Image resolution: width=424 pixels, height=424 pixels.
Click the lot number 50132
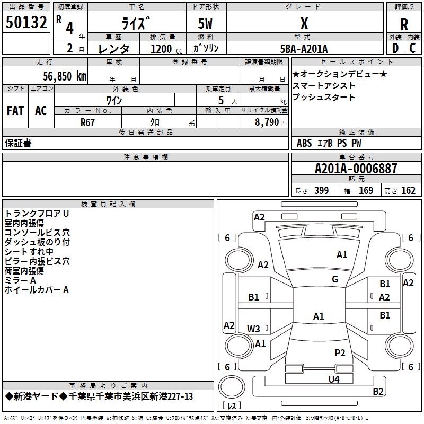[x=26, y=22]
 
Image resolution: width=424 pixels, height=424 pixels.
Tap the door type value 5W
[x=205, y=23]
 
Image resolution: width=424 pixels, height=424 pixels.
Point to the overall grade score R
[x=404, y=24]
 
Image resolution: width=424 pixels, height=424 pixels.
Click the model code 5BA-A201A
[x=304, y=49]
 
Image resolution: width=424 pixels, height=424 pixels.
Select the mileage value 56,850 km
[x=65, y=76]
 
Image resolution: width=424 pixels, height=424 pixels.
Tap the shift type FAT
[x=15, y=111]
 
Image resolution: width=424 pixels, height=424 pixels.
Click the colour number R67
[x=87, y=122]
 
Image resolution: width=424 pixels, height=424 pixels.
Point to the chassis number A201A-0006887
[x=356, y=169]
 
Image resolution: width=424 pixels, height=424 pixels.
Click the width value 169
[x=366, y=190]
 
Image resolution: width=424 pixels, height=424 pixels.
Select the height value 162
[x=408, y=190]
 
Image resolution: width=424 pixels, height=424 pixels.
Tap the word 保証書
[x=18, y=143]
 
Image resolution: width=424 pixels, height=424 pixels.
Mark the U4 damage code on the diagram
[x=334, y=379]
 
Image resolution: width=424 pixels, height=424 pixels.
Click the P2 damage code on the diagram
[x=340, y=352]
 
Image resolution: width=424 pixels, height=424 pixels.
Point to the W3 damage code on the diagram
[x=253, y=329]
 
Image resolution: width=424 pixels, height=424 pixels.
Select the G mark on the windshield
[x=335, y=279]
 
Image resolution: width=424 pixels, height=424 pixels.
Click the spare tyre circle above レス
[x=232, y=387]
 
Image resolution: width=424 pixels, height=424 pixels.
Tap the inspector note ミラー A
[x=20, y=280]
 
